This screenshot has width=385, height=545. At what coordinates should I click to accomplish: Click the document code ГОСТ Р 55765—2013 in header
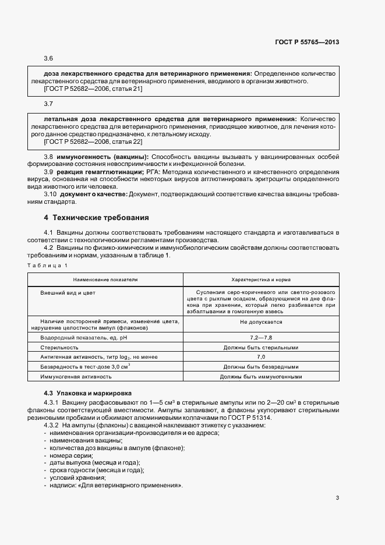pos(307,42)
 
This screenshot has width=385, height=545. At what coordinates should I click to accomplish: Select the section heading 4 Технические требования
pos(97,218)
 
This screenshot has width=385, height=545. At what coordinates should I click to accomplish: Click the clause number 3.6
pos(48,59)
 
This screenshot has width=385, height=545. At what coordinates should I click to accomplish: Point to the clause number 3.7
pos(48,103)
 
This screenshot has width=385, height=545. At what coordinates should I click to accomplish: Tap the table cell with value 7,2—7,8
pos(261,338)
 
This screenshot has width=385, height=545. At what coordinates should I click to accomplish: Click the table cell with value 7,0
pos(261,357)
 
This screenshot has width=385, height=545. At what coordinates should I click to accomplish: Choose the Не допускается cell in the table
pos(261,321)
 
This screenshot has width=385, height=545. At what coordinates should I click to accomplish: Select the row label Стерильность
pos(59,348)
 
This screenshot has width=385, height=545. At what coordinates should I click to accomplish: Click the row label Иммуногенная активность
pos(76,377)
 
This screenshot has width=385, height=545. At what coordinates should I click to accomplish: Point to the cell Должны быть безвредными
pos(261,367)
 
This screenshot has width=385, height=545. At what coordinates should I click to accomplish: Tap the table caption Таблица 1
pos(47,266)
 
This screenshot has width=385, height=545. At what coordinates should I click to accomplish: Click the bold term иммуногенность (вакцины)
pos(101,157)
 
